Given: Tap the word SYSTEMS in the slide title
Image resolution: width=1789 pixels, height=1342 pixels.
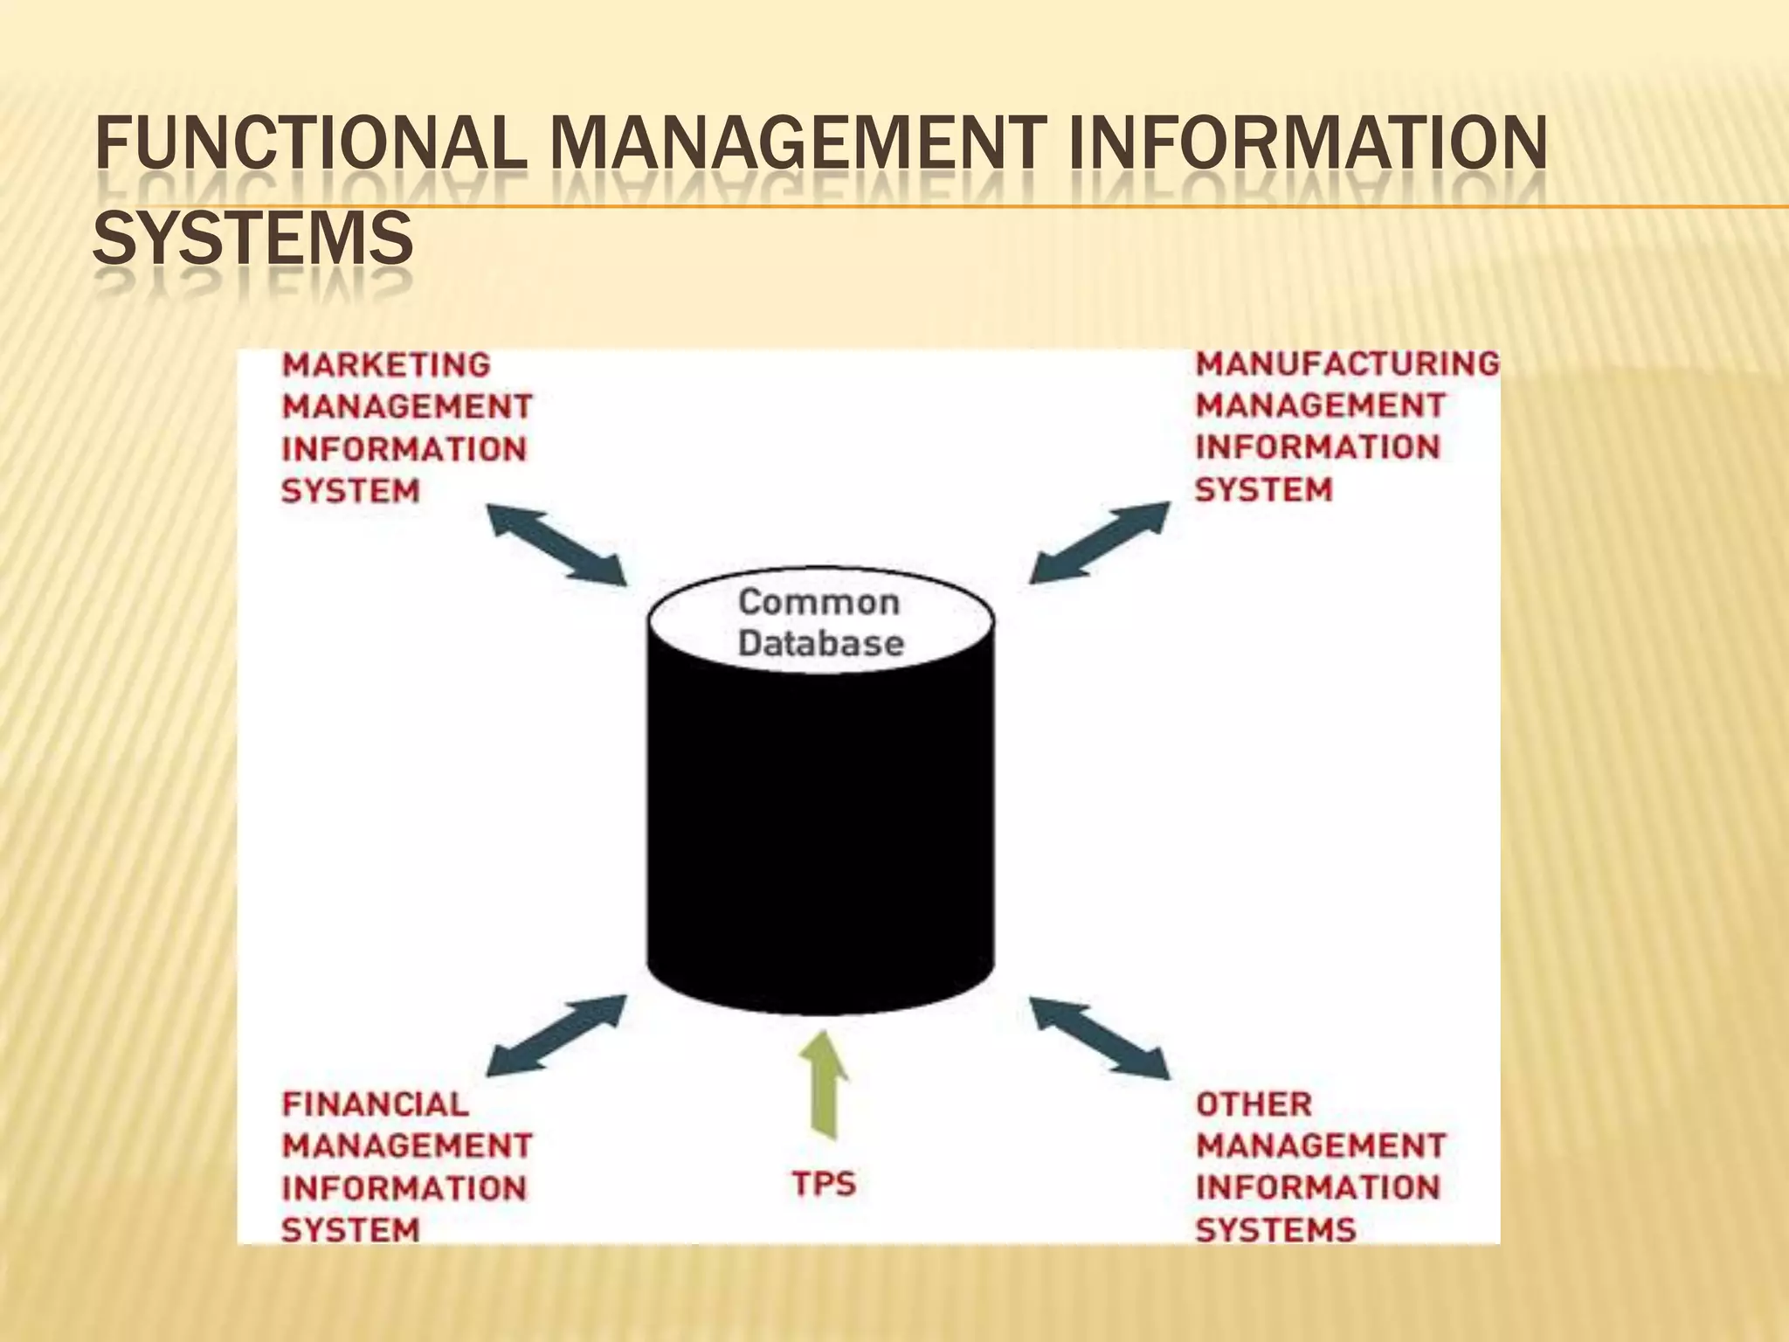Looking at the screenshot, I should (252, 238).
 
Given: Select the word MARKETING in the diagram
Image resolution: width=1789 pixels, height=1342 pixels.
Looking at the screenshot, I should (386, 364).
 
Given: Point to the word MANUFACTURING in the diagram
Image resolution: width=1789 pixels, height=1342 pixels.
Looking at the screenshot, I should (1347, 363).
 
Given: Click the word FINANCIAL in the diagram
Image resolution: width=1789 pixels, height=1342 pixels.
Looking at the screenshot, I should (376, 1104).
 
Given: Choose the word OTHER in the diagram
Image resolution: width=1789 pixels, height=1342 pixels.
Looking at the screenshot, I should (1254, 1104).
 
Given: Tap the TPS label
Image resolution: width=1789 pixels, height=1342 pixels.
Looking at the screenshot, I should (824, 1185).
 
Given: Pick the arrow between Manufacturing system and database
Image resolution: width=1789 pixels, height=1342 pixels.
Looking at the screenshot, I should (1100, 542).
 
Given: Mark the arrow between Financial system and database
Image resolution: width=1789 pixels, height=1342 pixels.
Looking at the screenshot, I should (556, 1035).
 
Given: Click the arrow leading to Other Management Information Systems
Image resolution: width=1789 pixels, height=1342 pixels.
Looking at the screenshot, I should (1100, 1037).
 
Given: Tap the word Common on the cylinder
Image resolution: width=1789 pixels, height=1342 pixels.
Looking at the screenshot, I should (819, 602).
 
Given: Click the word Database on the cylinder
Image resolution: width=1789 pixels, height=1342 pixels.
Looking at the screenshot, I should (821, 644).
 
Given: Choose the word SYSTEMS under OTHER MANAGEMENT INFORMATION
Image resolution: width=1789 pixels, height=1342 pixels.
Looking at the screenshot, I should (1275, 1230).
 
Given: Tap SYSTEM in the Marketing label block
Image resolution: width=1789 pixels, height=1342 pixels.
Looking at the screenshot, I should (351, 491).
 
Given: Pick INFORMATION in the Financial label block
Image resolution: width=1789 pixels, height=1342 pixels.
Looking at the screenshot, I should (404, 1188).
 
